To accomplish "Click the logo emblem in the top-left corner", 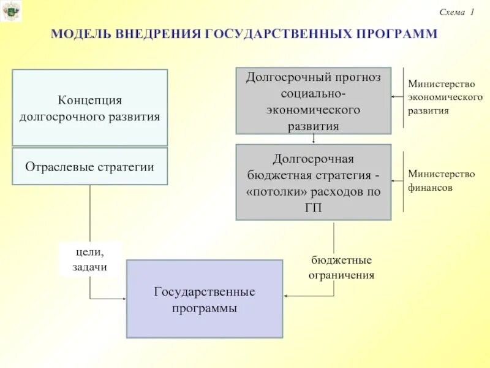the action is click(10, 11).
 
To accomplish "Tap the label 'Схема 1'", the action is click(457, 12).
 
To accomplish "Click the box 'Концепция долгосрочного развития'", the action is click(90, 108).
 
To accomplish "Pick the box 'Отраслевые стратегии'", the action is click(90, 166).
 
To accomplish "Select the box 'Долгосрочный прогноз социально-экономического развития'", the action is click(313, 101).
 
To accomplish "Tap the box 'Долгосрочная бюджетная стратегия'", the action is click(313, 182).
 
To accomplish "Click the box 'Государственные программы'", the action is click(205, 299).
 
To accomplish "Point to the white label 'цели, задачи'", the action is click(91, 259).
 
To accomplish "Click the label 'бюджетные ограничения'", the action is click(341, 268).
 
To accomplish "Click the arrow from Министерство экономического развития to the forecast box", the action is click(398, 97).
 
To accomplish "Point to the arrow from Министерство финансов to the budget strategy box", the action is click(398, 180).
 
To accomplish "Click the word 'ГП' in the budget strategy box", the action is click(313, 207).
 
